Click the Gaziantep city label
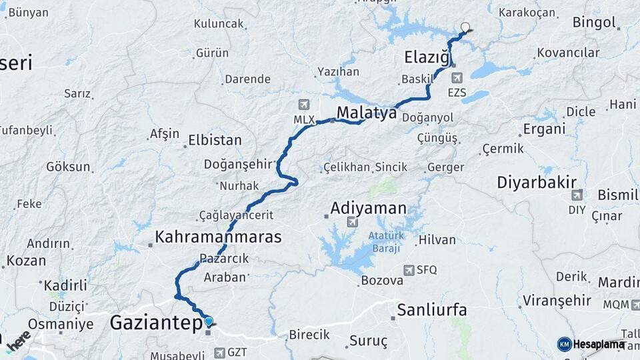click(x=155, y=324)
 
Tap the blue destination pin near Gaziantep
click(x=209, y=321)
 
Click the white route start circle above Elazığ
click(x=465, y=27)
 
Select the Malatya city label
click(x=367, y=113)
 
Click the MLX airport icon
click(x=305, y=105)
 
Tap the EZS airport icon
click(x=457, y=79)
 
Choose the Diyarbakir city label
click(x=537, y=182)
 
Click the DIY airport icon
click(x=577, y=195)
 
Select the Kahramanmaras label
click(x=218, y=237)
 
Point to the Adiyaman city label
click(x=369, y=208)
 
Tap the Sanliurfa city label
click(x=431, y=310)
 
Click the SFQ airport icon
click(x=409, y=270)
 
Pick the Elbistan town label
click(x=215, y=141)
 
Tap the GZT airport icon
click(x=219, y=351)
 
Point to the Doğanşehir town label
click(x=238, y=164)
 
